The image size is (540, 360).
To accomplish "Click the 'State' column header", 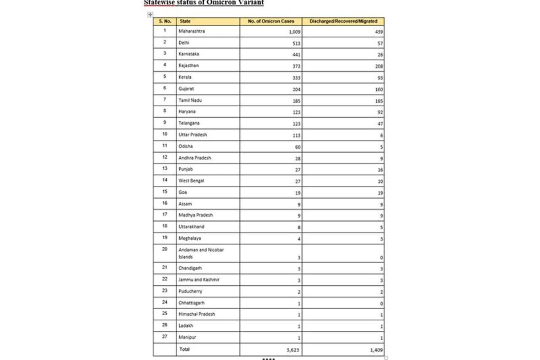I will [185, 21].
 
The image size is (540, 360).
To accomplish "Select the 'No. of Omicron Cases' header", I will [271, 21].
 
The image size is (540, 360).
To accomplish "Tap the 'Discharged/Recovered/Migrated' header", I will [343, 21].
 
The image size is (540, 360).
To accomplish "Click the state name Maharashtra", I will [192, 31].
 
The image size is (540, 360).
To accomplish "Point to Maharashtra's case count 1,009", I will [294, 32].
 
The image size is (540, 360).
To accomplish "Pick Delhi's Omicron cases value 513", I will [296, 43].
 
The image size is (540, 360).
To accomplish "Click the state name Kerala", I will [185, 77].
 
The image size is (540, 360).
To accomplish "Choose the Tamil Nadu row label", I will [190, 100].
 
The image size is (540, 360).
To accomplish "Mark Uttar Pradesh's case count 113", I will [296, 135].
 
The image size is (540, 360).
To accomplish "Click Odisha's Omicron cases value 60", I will [297, 147].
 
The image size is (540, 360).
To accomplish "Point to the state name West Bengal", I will [191, 181].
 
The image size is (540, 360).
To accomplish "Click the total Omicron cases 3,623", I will [294, 350].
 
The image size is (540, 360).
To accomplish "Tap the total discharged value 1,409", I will [377, 350].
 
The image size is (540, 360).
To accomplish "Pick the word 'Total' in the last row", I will [184, 349].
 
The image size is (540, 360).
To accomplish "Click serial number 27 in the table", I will [165, 337].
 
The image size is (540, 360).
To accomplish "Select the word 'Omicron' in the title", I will [224, 3].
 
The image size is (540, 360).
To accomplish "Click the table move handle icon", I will [150, 14].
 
